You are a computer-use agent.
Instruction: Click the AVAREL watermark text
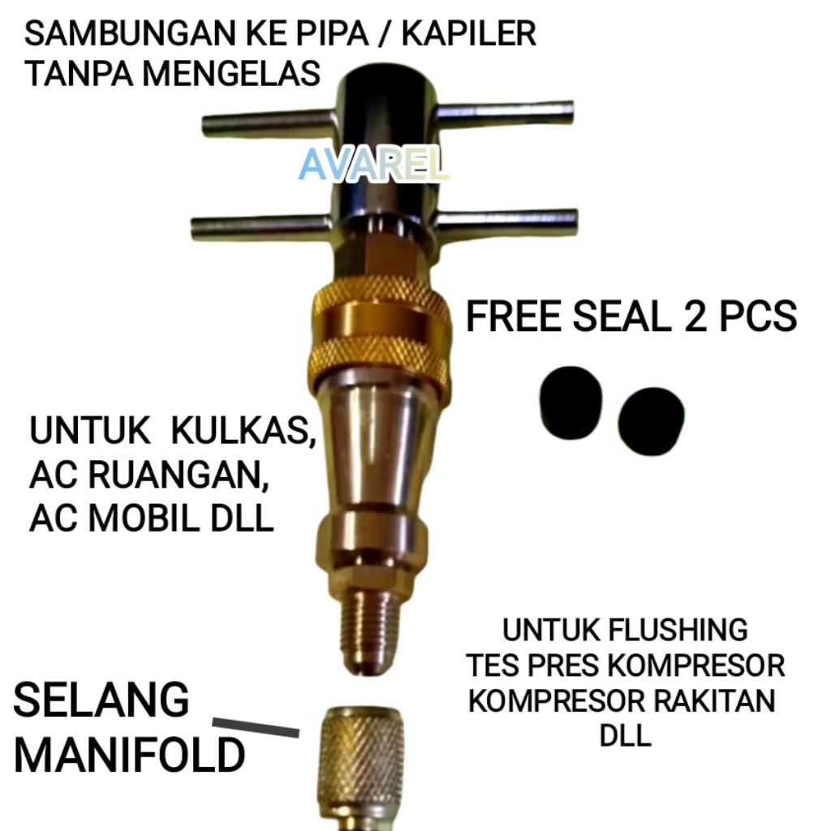(373, 165)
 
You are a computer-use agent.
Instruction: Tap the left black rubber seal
(572, 403)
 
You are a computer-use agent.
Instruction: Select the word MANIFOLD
(130, 756)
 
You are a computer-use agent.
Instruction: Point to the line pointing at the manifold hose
(256, 727)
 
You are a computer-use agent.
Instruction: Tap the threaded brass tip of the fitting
(369, 625)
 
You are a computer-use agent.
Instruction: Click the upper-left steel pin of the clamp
(268, 124)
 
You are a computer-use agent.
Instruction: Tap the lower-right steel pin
(507, 219)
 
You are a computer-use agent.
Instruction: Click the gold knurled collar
(379, 329)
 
